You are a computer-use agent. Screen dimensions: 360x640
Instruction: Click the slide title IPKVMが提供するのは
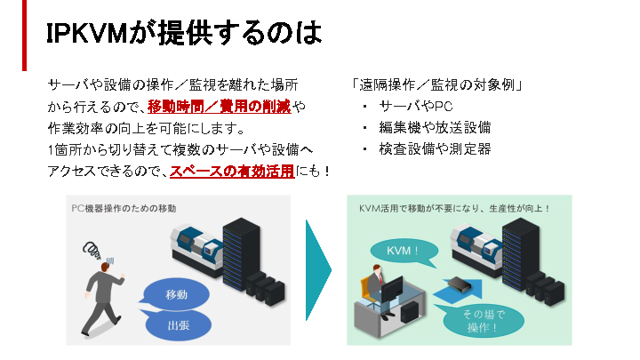183,34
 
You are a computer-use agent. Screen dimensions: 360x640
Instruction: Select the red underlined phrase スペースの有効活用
232,171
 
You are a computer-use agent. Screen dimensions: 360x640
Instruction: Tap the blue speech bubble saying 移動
178,293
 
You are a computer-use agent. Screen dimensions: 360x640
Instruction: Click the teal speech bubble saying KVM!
404,251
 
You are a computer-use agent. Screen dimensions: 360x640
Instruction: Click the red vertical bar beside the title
25,35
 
